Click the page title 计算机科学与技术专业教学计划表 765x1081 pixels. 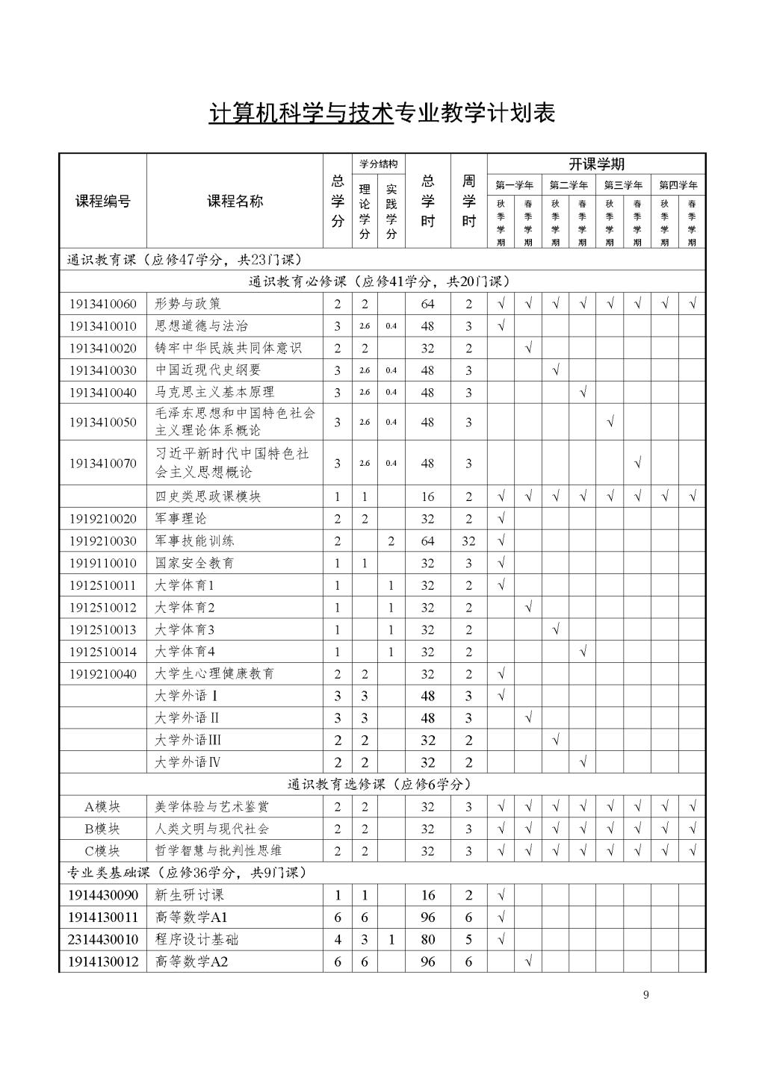click(382, 113)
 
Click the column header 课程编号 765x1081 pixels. click(102, 201)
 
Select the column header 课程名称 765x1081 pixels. click(235, 201)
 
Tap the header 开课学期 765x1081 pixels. click(596, 164)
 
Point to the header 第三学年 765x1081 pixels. click(623, 185)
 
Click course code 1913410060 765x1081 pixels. click(103, 304)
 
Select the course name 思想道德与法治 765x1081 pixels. click(202, 325)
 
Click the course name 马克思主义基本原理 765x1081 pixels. click(214, 392)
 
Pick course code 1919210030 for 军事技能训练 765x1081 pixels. click(103, 540)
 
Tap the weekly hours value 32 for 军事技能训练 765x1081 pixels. click(468, 541)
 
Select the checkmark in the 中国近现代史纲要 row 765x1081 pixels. click(555, 370)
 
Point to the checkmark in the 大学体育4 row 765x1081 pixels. click(583, 652)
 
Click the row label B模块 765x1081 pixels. click(102, 829)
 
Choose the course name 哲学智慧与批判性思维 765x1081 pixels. click(218, 850)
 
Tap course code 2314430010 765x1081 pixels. click(103, 939)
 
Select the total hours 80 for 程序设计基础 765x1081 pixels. click(427, 940)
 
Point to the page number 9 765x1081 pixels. click(645, 994)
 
